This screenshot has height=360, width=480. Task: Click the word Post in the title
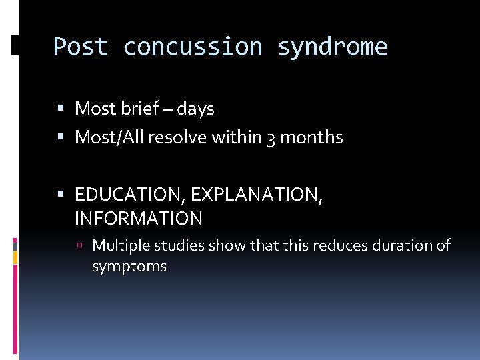81,47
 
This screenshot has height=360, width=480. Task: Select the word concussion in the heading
193,47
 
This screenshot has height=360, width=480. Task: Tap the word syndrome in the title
332,47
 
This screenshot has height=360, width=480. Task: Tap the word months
311,137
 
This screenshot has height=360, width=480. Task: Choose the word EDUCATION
129,195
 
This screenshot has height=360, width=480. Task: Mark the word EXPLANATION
255,195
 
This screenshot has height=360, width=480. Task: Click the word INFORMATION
139,218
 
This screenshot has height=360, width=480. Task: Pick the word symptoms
129,267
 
